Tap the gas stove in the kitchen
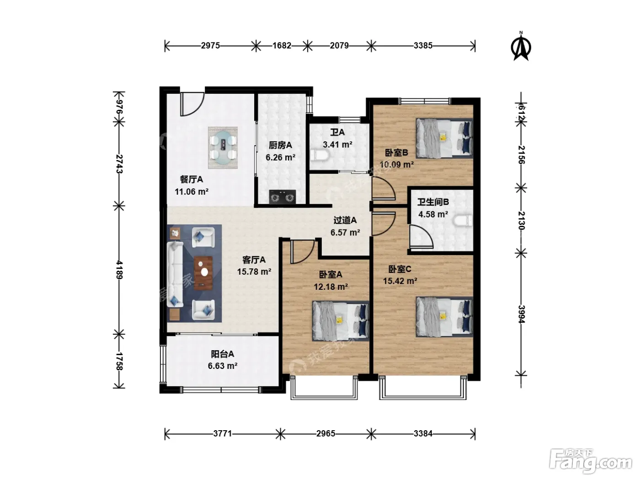click(x=282, y=197)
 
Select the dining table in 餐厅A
click(x=223, y=148)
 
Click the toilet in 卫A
click(x=319, y=155)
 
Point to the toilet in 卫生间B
click(x=463, y=220)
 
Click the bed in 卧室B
click(x=444, y=138)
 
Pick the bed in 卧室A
click(x=341, y=320)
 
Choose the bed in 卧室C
click(x=444, y=317)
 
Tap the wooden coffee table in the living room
click(x=203, y=273)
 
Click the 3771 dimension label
click(x=223, y=433)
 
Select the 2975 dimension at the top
click(x=210, y=46)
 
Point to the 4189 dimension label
click(x=119, y=270)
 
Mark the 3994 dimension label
click(x=521, y=314)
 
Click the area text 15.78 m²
click(x=254, y=272)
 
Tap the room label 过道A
click(x=345, y=220)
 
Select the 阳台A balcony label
click(x=223, y=354)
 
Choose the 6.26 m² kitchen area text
click(x=280, y=158)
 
